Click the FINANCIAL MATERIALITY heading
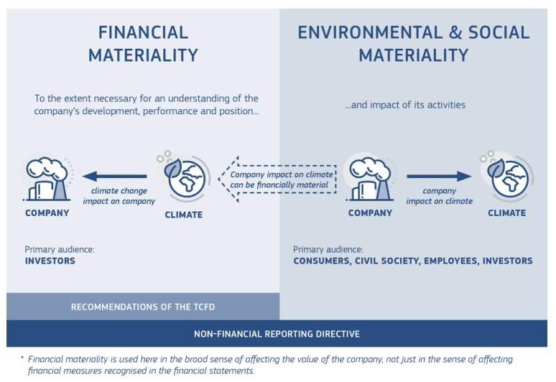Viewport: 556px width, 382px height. (143, 43)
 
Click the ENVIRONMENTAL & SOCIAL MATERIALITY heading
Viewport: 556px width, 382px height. (413, 43)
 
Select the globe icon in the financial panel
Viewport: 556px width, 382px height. (182, 174)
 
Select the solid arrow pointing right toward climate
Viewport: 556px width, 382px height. (438, 176)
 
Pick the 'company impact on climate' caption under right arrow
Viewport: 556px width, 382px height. (439, 196)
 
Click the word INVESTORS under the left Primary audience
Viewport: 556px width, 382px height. (50, 261)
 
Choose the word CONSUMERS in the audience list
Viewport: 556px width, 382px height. (323, 261)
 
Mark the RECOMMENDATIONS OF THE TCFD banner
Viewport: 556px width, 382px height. (143, 307)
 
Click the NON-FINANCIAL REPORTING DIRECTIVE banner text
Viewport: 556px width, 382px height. (277, 334)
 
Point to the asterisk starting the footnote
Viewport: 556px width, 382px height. (22, 358)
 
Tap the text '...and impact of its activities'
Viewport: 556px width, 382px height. (405, 105)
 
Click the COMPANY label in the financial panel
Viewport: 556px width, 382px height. (47, 213)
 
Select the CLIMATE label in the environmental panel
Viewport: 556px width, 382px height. (506, 213)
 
